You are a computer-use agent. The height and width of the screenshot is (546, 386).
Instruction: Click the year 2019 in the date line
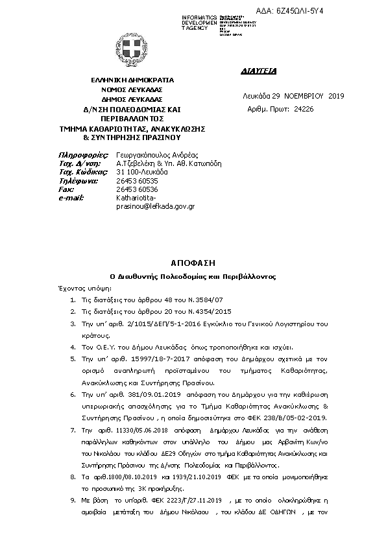[x=336, y=96]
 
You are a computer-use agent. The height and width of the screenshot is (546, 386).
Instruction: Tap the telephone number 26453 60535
[x=137, y=181]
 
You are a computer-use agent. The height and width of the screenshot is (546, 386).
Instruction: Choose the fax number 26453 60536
[x=137, y=189]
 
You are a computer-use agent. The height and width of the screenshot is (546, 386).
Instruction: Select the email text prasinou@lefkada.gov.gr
[x=155, y=206]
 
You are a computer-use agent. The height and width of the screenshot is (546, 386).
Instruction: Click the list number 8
[x=73, y=477]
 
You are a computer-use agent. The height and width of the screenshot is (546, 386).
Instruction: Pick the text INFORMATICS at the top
[x=200, y=16]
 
